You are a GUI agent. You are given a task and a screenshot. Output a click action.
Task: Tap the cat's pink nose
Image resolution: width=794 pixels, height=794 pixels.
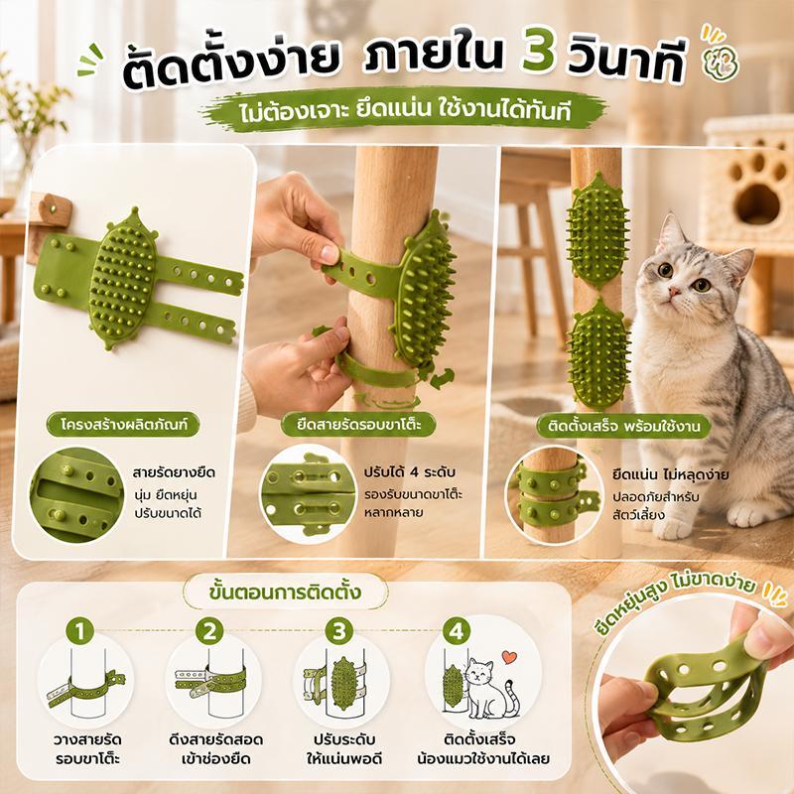click(x=674, y=293)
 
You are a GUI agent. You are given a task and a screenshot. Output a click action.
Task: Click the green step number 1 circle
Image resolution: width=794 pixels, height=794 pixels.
click(x=79, y=631)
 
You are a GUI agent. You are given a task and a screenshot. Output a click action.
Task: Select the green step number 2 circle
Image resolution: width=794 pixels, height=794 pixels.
click(x=209, y=631)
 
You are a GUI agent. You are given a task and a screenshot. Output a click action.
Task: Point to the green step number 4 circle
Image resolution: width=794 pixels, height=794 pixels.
click(x=457, y=631)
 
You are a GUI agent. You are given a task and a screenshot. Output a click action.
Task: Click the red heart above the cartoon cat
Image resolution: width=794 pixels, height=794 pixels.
click(x=509, y=657)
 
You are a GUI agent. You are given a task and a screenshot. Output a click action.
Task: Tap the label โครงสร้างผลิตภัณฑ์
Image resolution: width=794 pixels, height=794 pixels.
click(x=123, y=425)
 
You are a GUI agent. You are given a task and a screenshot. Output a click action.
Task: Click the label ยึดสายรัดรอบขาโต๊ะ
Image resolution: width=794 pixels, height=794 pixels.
click(x=359, y=425)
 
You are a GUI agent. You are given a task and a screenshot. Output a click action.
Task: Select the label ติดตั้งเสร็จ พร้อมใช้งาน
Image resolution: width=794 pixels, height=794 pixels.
click(x=624, y=427)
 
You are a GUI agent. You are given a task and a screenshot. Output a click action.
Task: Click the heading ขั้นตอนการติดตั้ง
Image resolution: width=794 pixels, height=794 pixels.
click(x=285, y=592)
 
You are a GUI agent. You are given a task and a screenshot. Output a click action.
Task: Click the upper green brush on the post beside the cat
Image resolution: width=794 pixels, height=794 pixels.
click(x=597, y=230)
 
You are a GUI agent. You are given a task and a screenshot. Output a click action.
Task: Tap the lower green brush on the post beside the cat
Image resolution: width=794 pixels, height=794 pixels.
click(x=597, y=353)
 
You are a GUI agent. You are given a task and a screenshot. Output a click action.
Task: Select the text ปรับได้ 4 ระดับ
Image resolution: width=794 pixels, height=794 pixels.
click(x=410, y=472)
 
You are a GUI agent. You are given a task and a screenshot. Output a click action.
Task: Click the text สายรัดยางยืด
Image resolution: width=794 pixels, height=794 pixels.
click(x=175, y=473)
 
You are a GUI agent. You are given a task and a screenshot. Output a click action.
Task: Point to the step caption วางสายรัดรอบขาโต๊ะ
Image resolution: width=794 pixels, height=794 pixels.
click(x=87, y=749)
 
